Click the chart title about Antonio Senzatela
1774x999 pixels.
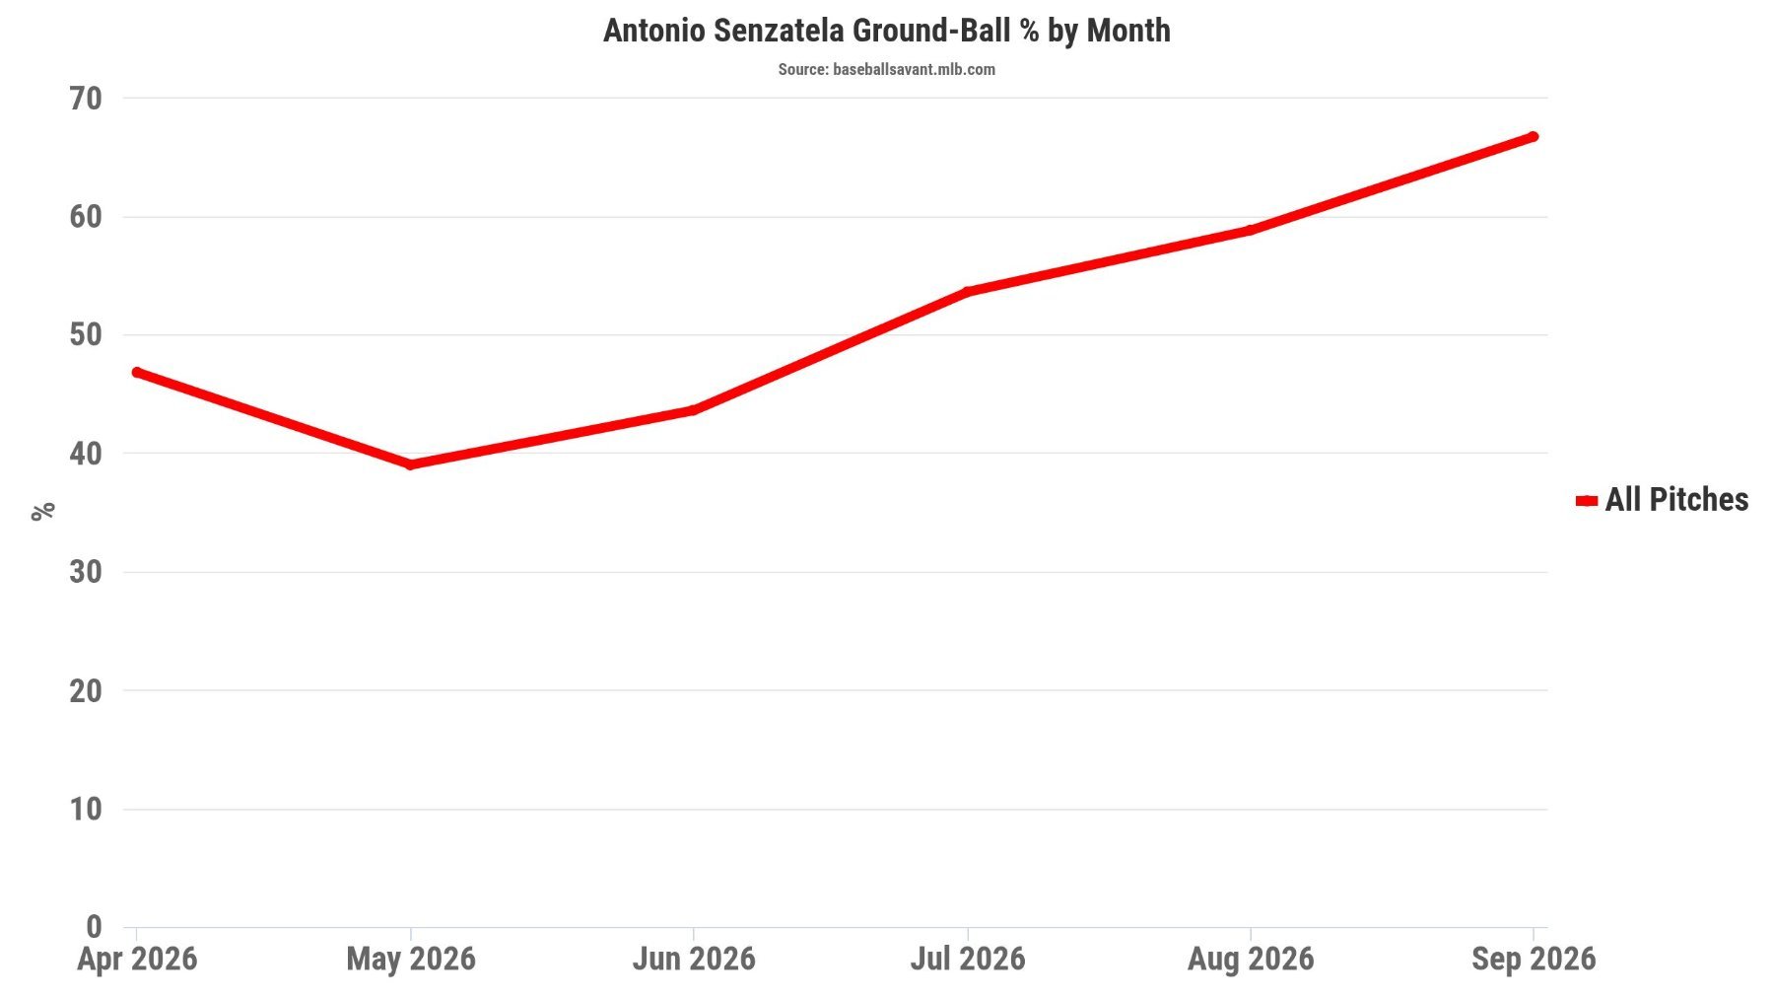point(886,31)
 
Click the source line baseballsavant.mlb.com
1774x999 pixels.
point(886,69)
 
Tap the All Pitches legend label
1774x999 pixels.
point(1676,499)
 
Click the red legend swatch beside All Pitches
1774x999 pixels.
point(1586,501)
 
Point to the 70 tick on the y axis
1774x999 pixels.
point(86,98)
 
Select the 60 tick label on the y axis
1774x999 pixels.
point(86,217)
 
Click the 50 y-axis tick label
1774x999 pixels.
point(86,335)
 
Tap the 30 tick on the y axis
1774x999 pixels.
point(86,572)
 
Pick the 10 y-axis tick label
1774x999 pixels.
point(86,809)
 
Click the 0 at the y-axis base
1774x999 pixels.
point(94,927)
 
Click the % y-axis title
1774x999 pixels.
point(42,511)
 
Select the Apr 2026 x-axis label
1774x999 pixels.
point(137,959)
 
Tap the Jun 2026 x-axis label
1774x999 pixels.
point(694,959)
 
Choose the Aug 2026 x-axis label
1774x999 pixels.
point(1251,959)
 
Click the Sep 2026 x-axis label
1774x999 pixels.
point(1534,959)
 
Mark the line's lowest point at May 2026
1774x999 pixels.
point(411,464)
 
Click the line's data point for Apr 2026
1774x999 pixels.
point(137,372)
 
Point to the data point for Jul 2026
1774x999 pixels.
point(968,292)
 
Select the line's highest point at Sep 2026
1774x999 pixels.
point(1533,136)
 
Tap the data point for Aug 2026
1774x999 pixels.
point(1251,230)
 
